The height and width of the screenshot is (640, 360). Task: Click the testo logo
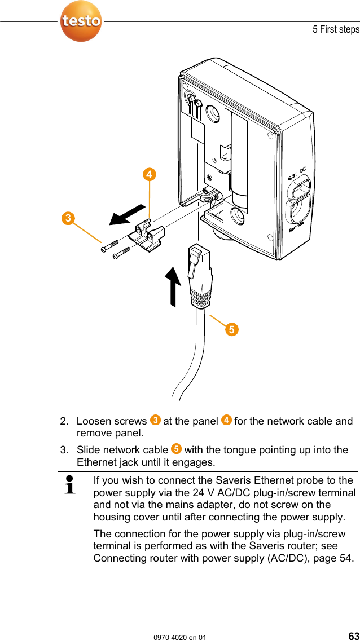tap(81, 21)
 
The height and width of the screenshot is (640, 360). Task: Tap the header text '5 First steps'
tap(336, 29)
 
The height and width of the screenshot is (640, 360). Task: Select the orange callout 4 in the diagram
tap(149, 175)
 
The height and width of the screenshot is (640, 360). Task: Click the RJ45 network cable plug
tap(199, 276)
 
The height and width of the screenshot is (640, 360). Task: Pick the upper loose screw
tap(109, 246)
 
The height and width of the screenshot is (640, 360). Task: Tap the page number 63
tap(353, 635)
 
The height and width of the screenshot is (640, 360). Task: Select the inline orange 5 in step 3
tap(176, 449)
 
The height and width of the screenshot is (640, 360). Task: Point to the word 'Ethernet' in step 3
tap(96, 462)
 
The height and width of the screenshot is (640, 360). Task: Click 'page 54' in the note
tap(333, 558)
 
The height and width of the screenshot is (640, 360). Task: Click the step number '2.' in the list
tap(65, 421)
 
